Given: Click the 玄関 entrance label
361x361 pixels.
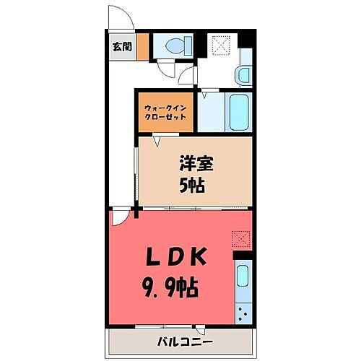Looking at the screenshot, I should click(121, 47).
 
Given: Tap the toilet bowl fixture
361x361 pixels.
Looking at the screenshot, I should click(175, 47).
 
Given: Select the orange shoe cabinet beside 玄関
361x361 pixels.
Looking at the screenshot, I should click(143, 47).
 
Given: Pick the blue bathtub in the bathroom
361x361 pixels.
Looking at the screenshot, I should click(238, 112).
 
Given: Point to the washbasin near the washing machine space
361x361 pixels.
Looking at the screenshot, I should click(243, 74).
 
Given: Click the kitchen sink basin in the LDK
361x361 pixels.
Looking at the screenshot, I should click(243, 277).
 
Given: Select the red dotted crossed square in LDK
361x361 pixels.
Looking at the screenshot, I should click(240, 238).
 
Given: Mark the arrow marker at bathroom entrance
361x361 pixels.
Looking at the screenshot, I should click(204, 93).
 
